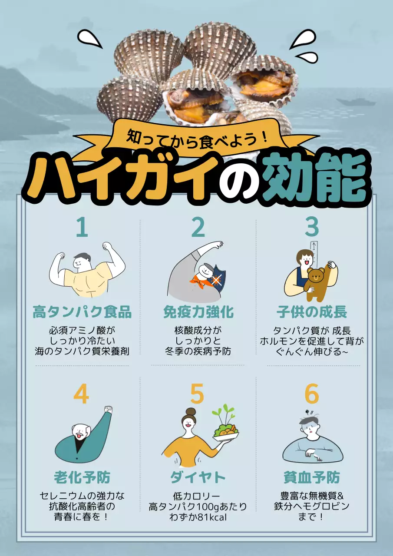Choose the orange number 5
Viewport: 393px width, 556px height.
click(197, 394)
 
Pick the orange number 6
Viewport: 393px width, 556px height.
click(312, 394)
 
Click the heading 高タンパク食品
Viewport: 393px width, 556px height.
click(82, 312)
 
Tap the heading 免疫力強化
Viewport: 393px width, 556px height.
click(198, 312)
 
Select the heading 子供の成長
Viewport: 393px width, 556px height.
click(312, 312)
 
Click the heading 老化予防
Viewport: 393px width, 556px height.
click(82, 477)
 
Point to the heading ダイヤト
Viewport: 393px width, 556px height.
click(198, 477)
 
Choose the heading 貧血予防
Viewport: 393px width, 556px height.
click(312, 477)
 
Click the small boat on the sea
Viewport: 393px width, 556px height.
click(356, 103)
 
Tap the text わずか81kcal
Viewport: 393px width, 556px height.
click(198, 517)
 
